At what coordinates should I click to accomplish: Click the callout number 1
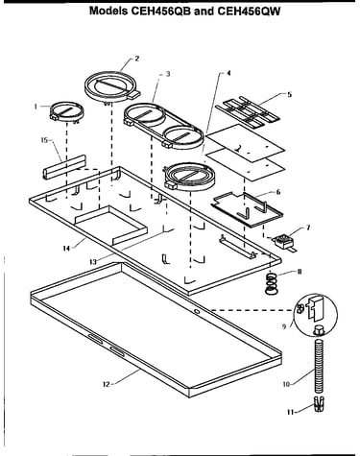click(36, 107)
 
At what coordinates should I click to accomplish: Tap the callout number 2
click(137, 59)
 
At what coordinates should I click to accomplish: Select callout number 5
click(290, 94)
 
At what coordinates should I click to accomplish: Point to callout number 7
click(308, 228)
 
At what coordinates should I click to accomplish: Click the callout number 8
click(300, 272)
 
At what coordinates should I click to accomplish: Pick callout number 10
click(286, 384)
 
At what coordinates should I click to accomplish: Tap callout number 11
click(290, 412)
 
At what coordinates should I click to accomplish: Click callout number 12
click(107, 384)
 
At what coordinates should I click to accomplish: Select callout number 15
click(44, 140)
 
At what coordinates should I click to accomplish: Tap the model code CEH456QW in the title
click(249, 12)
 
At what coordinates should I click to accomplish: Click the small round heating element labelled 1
click(67, 113)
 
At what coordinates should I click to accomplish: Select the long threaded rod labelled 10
click(318, 367)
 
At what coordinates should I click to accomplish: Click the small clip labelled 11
click(320, 405)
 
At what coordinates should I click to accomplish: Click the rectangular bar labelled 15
click(64, 166)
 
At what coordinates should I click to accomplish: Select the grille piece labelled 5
click(248, 110)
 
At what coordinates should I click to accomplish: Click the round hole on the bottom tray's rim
click(197, 311)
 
